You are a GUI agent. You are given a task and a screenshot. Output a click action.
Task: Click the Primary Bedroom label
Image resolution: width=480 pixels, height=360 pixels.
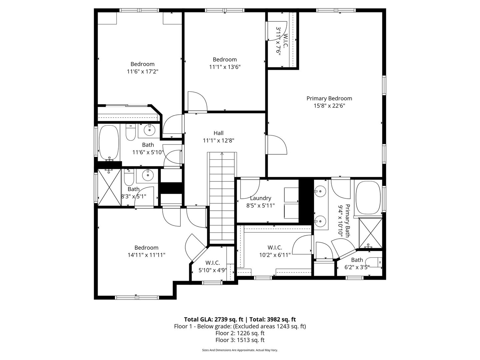click(329, 98)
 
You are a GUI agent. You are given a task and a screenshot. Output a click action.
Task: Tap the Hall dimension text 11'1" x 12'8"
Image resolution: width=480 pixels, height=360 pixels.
click(218, 141)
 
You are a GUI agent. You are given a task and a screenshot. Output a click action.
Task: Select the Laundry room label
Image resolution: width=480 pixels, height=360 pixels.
click(260, 198)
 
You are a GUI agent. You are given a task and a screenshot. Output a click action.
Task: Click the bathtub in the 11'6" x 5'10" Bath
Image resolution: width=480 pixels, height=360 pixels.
click(109, 142)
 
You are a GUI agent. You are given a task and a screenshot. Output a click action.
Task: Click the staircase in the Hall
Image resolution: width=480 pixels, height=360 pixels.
click(222, 197)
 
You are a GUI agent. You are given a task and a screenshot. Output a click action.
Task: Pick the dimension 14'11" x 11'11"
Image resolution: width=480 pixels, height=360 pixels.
click(146, 255)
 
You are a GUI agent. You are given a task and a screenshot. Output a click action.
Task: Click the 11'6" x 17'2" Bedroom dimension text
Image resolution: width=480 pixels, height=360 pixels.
click(142, 71)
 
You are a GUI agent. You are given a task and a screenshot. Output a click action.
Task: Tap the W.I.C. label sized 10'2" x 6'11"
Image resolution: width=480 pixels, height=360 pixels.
click(275, 248)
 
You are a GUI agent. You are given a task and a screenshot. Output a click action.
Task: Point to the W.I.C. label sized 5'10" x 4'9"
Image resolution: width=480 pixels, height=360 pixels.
click(212, 263)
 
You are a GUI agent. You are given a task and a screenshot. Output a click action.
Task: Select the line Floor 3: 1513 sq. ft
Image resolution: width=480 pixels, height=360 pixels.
click(240, 340)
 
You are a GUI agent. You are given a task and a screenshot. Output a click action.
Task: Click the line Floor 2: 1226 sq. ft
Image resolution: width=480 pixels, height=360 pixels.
click(240, 333)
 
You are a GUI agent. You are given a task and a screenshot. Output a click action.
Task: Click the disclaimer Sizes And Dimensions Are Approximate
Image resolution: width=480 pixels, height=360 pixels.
click(240, 350)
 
